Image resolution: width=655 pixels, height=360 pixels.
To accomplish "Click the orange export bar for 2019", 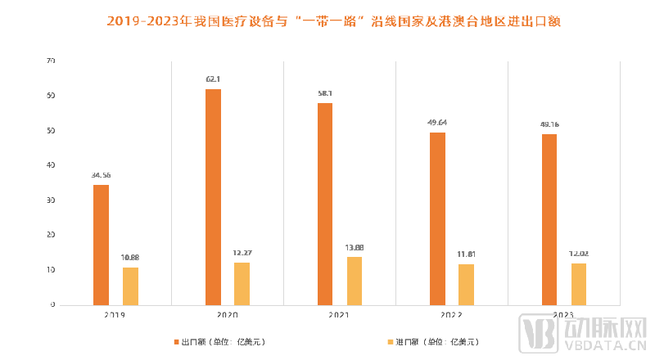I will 101,245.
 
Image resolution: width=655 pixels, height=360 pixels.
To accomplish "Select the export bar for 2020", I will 213,196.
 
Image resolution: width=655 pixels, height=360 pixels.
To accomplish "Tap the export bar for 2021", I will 325,204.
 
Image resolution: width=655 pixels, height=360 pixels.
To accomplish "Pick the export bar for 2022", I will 437,218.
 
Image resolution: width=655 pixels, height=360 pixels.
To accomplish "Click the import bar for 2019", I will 130,286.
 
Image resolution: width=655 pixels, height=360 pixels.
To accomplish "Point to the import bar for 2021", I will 355,281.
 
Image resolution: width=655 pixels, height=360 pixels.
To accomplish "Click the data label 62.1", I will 213,79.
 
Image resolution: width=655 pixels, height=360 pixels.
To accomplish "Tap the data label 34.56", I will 101,175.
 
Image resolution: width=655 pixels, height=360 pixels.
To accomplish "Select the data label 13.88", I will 355,247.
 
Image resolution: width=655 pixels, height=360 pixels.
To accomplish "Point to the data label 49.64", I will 437,123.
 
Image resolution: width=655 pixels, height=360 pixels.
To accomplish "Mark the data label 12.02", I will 579,254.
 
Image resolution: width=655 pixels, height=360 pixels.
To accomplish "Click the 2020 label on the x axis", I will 228,314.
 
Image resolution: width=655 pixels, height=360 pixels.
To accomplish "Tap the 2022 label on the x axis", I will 452,314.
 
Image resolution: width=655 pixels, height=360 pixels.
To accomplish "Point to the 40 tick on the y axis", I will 51,165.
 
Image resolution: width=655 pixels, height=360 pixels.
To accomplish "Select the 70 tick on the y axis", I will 51,61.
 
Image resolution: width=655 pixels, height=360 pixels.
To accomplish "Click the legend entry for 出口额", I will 219,340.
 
